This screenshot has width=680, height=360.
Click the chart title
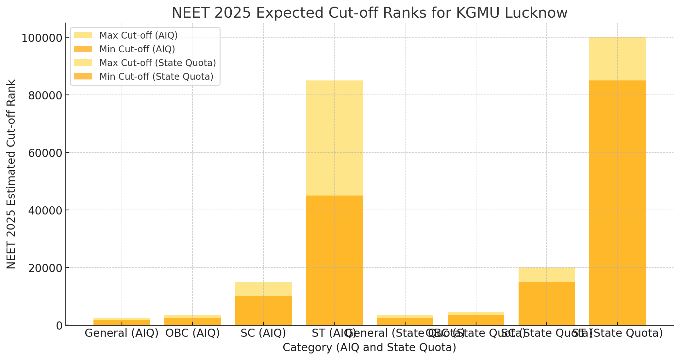coord(369,13)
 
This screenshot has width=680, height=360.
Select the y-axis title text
coord(11,174)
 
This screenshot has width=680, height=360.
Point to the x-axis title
coord(369,348)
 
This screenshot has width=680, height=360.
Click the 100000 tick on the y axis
coord(41,38)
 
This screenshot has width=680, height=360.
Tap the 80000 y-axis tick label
coord(45,95)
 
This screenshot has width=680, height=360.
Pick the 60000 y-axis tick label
coord(45,153)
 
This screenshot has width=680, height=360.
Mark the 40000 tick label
coord(45,211)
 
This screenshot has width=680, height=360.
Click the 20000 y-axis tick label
coord(45,268)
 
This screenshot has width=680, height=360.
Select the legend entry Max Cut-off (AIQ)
coord(138,35)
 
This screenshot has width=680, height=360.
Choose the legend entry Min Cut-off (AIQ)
coord(137,49)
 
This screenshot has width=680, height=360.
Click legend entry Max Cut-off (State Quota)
coord(158,63)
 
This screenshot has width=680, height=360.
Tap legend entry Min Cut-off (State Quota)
coord(156,77)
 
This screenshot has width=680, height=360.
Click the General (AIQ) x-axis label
coord(122,333)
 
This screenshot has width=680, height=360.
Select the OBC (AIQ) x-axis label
coord(192,333)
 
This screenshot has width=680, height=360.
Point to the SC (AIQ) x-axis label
coord(263,333)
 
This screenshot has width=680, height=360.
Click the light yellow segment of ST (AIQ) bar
coord(334,137)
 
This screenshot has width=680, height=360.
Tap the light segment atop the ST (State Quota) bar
coord(617,59)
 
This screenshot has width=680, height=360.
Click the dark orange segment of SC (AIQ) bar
coord(263,311)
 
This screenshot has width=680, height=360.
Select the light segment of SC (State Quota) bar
coord(547,275)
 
